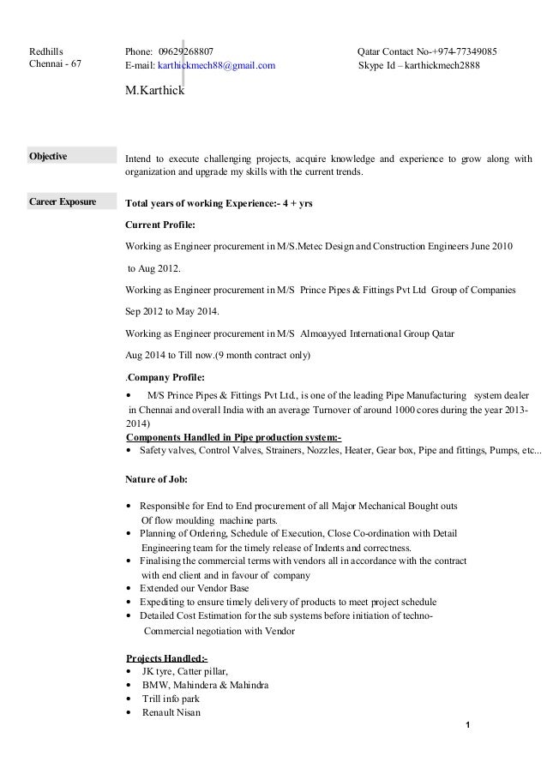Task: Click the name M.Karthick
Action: click(154, 89)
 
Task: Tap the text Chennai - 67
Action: click(53, 65)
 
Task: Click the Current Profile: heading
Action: click(160, 225)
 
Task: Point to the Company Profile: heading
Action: click(166, 378)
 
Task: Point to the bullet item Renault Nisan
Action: click(171, 712)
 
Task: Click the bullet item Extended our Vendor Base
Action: click(194, 589)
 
